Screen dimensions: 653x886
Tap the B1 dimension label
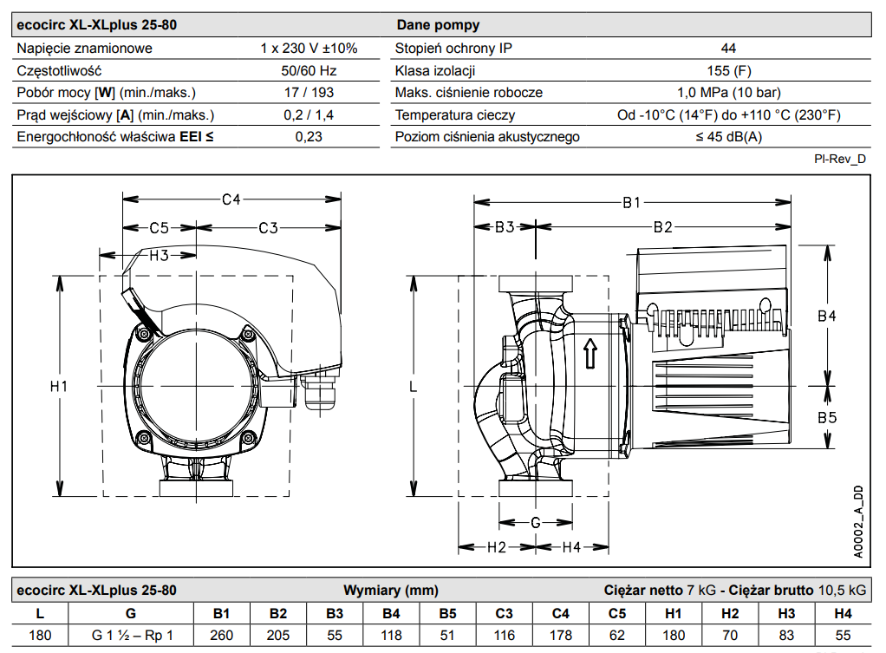pos(631,202)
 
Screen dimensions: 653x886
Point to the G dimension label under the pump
pos(536,523)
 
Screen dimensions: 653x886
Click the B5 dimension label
pos(827,418)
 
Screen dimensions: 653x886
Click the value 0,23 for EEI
pos(309,137)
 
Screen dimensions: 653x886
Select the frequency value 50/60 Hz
pos(309,70)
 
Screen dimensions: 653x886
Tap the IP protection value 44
pos(728,49)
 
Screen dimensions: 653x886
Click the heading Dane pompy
pos(438,25)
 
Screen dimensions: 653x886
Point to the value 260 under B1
pos(222,635)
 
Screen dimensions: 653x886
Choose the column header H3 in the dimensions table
pos(786,613)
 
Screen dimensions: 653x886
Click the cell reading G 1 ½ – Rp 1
pos(132,635)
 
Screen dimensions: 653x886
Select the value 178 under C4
pos(561,635)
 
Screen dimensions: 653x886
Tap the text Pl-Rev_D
pos(840,159)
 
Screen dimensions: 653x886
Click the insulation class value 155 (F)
pos(728,70)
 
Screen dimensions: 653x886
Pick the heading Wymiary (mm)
pos(384,591)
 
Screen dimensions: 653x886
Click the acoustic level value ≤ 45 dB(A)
pos(728,137)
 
